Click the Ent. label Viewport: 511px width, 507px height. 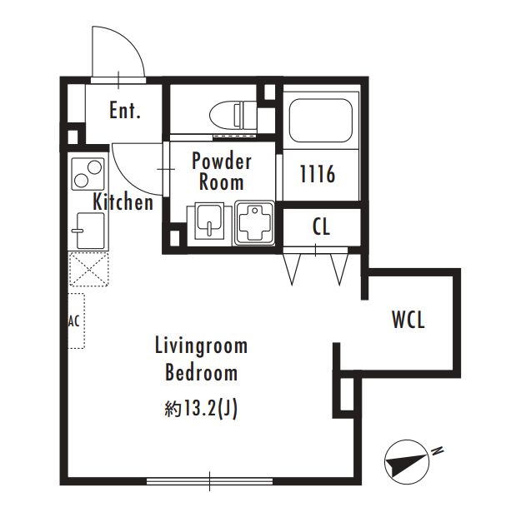[125, 111]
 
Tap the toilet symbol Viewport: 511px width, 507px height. [233, 114]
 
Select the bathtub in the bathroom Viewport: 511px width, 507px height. [321, 121]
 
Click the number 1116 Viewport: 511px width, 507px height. [318, 174]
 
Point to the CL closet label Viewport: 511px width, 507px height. [321, 226]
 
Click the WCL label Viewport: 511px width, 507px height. [408, 320]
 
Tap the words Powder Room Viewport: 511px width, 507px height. [222, 171]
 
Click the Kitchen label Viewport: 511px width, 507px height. [123, 202]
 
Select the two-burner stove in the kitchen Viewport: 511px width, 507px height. [88, 174]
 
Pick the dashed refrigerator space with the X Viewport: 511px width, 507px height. [88, 269]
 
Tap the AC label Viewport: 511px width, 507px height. [73, 322]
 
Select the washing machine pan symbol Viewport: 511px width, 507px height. [254, 223]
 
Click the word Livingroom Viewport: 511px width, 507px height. [201, 346]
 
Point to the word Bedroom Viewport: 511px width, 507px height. [201, 373]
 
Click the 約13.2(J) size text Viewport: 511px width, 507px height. [201, 409]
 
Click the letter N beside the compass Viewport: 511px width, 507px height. [437, 450]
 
